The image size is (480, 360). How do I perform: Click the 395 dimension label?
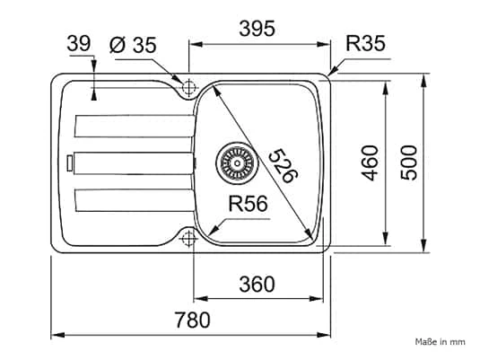coord(257,29)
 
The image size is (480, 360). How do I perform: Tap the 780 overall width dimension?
coord(192,320)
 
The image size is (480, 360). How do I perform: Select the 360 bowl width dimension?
coord(257,285)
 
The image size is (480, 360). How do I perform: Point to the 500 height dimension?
coord(409,162)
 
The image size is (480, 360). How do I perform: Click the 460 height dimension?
coord(370,162)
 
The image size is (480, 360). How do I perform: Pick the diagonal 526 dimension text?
coord(284,166)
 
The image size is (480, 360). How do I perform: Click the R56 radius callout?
coord(248,204)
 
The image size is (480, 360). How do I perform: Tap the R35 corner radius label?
coord(365,43)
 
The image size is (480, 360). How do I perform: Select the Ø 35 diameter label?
coord(133,45)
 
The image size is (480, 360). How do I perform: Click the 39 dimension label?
coord(79,43)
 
